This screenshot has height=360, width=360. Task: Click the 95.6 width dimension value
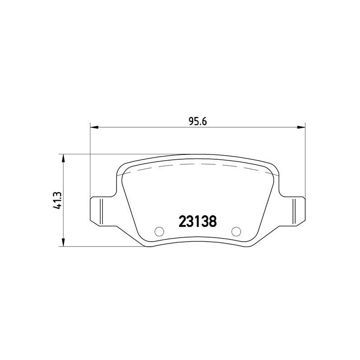coord(198,121)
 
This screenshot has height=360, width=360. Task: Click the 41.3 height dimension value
coord(57,200)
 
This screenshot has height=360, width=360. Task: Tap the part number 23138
coord(198,221)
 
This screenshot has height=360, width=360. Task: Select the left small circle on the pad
coord(159,231)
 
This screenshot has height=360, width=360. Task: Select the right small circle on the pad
coord(236,231)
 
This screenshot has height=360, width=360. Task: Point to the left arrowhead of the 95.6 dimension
coord(94,127)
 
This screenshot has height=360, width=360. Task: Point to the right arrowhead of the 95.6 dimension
coord(301,127)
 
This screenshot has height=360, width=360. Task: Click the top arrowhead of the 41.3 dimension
coord(63,158)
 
